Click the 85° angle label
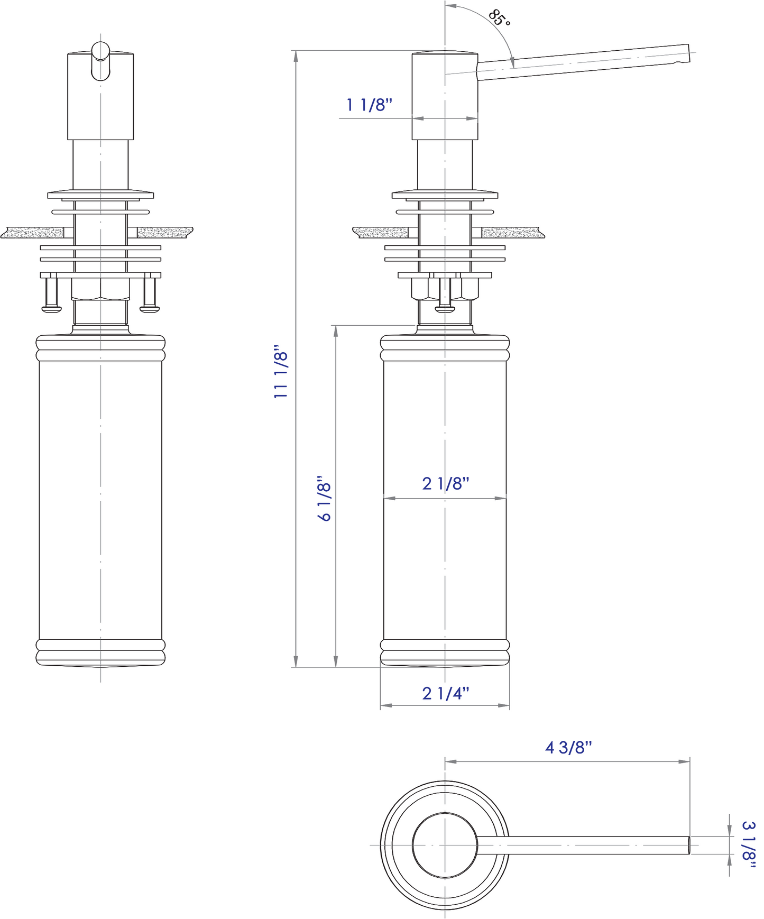coord(499,18)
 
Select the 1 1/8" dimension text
coord(369,105)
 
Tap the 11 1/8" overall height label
coord(281,372)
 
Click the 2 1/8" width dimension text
coord(446,483)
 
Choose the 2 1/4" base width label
coord(445,693)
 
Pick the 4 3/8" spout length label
coord(568,748)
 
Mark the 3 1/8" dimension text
coord(749,844)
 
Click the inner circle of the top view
coord(445,844)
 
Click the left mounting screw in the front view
coord(51,294)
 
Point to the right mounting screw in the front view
coord(149,294)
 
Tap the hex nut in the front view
coord(100,289)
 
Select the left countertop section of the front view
coord(33,233)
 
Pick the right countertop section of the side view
coord(512,233)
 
